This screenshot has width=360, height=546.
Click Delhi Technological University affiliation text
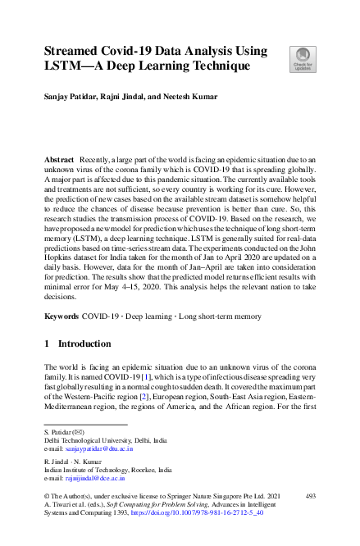[107, 440]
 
